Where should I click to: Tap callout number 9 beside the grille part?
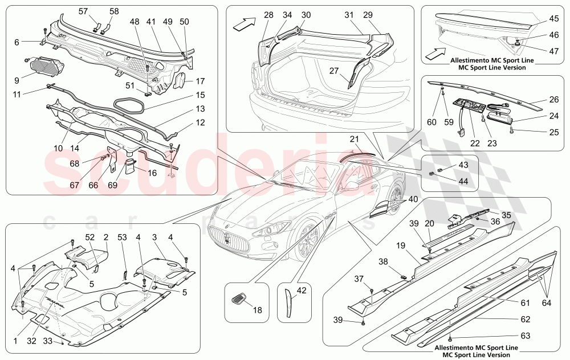(x=17, y=80)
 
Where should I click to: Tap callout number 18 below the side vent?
(x=257, y=310)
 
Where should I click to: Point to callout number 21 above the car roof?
(x=353, y=139)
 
